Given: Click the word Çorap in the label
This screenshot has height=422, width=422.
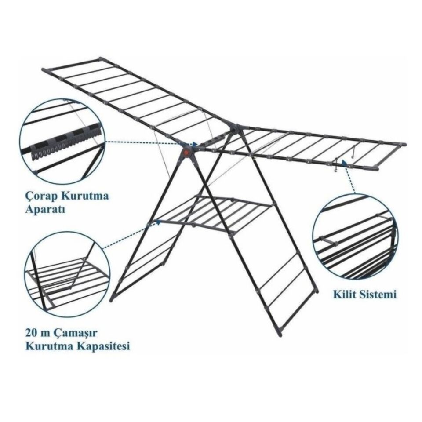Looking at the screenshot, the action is click(42, 196).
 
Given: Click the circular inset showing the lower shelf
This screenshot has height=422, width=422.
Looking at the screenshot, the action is click(67, 274).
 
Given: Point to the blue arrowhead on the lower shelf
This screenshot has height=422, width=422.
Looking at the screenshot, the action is click(159, 222).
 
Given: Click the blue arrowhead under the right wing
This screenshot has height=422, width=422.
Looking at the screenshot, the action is click(344, 161).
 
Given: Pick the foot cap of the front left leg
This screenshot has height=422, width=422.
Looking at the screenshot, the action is click(112, 299).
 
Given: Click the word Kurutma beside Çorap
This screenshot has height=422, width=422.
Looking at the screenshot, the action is click(85, 196).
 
